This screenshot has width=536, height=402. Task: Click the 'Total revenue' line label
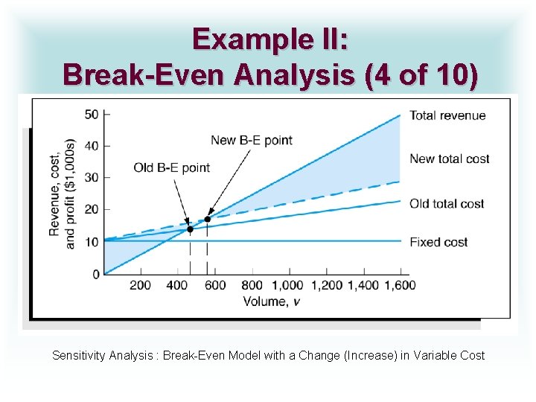pyautogui.click(x=447, y=115)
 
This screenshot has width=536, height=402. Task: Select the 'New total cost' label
pyautogui.click(x=450, y=159)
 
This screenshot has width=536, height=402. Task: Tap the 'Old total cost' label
pyautogui.click(x=447, y=203)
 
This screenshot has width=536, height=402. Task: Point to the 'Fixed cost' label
pyautogui.click(x=438, y=242)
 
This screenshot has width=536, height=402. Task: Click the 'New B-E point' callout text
pyautogui.click(x=252, y=140)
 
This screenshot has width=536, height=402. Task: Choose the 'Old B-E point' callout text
pyautogui.click(x=172, y=167)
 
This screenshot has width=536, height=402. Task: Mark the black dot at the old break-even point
pyautogui.click(x=190, y=229)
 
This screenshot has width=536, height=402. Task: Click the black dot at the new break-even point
pyautogui.click(x=208, y=219)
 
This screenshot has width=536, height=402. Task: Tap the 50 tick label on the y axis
pyautogui.click(x=92, y=114)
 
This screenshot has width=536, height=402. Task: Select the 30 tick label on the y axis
pyautogui.click(x=92, y=178)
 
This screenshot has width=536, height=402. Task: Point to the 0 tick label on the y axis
pyautogui.click(x=95, y=275)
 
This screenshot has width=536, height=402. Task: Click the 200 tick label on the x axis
pyautogui.click(x=140, y=285)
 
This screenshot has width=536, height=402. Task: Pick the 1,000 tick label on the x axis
pyautogui.click(x=287, y=285)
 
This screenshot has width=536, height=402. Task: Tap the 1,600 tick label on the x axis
pyautogui.click(x=395, y=285)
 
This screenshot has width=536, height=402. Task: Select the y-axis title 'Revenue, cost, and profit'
pyautogui.click(x=63, y=194)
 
